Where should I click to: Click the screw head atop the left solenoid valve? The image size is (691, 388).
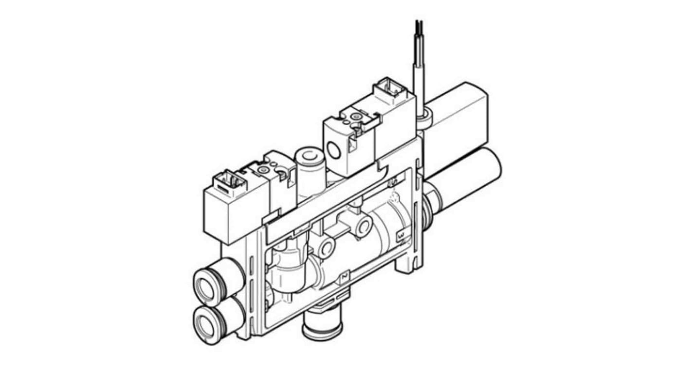[x=263, y=169]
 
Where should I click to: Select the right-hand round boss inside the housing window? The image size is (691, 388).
[x=362, y=225]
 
